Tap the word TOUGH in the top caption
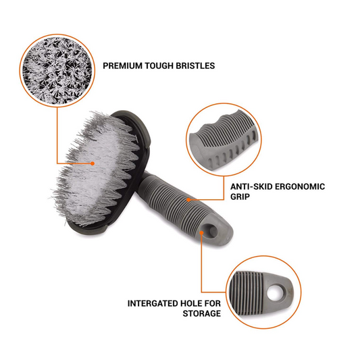click(159, 66)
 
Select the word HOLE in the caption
click(195, 303)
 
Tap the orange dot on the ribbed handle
click(190, 201)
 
